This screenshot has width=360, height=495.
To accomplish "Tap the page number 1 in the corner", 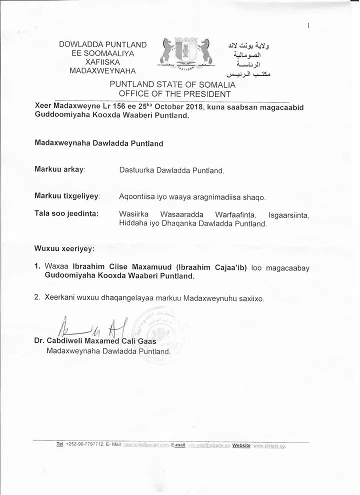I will tap(309, 26).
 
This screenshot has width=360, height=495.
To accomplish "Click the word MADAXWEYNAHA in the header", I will tap(102, 71).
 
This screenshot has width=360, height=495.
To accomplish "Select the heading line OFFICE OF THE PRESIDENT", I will tap(174, 93).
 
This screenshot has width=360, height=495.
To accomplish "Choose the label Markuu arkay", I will tap(60, 169).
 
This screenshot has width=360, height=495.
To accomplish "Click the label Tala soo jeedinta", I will tap(66, 214).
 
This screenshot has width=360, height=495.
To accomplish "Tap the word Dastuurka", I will tap(136, 170).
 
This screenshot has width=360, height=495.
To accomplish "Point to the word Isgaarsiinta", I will tap(289, 215).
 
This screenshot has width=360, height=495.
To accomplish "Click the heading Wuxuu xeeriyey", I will tap(64, 248).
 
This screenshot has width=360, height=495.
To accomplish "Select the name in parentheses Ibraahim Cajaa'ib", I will tap(215, 267).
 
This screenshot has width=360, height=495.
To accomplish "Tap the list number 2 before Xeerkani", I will tap(37, 297).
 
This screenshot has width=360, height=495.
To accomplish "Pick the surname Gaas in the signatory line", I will tap(146, 341).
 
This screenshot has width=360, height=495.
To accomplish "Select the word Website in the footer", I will tap(241, 445).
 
